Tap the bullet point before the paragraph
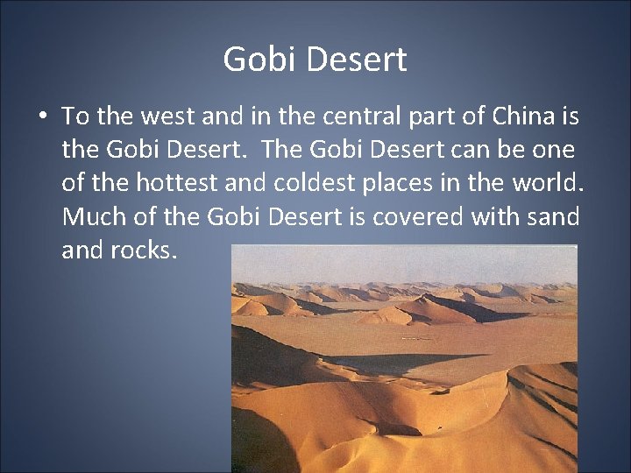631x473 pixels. (42, 117)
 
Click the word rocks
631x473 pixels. (145, 251)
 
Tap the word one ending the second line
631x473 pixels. (551, 150)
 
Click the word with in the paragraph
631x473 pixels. (496, 216)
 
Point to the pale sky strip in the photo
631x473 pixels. (403, 263)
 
